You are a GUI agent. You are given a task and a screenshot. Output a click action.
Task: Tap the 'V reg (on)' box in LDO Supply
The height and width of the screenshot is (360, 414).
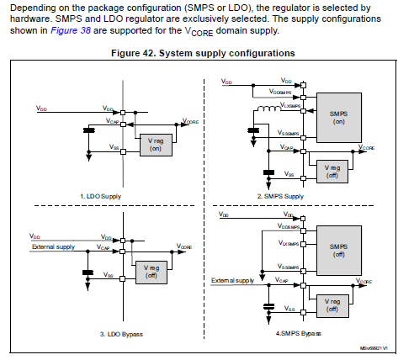coord(155,144)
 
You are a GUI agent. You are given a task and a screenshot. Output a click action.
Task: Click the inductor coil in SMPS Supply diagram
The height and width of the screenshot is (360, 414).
coord(268,109)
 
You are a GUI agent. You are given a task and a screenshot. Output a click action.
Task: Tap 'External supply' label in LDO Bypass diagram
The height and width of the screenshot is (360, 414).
coord(53,247)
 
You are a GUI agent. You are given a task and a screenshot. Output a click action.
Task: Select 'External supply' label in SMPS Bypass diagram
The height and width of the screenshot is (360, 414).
coord(233,280)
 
